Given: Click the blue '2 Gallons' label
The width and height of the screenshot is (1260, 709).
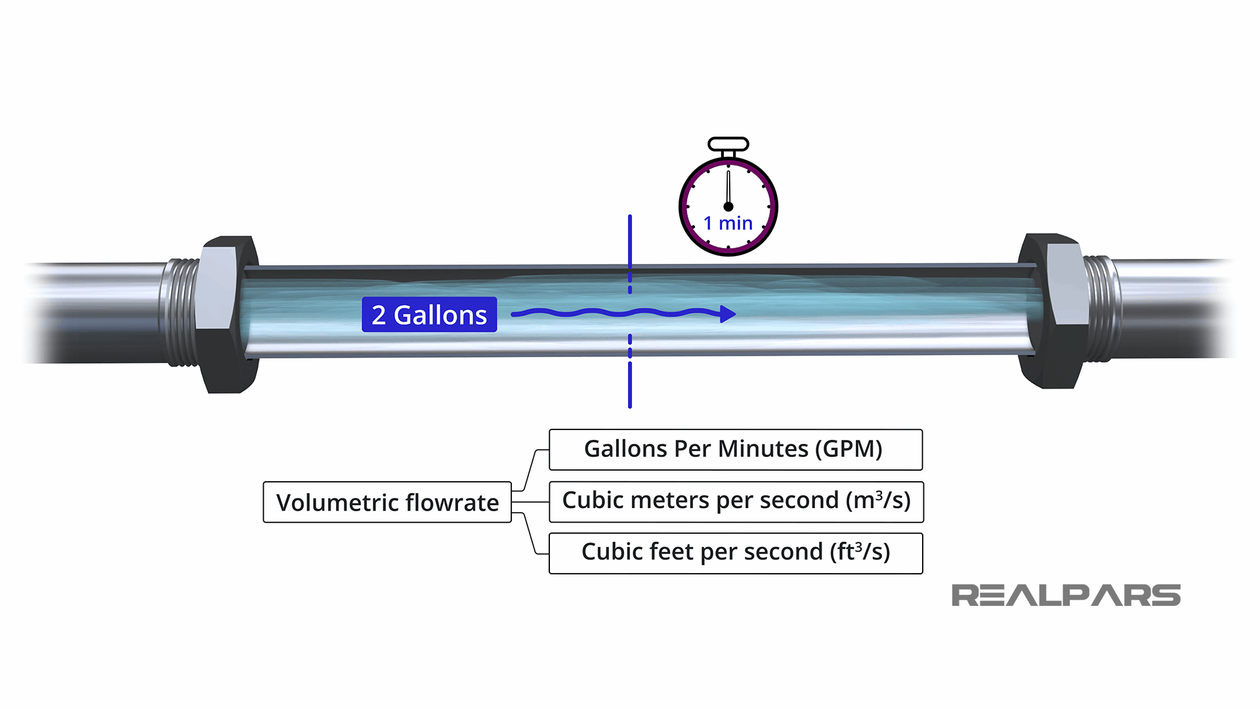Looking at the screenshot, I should point(429,315).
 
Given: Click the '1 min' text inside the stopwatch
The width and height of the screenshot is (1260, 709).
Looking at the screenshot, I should point(728,224).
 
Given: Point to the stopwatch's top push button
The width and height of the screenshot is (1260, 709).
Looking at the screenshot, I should point(728,144).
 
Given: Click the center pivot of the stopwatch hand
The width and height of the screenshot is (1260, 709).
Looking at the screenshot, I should point(728,206).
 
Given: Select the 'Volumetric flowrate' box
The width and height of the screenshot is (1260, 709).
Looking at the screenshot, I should point(387,502).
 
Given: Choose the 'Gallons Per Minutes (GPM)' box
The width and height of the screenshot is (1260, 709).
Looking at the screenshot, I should point(735,450).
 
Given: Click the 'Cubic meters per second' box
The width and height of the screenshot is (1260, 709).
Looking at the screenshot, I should point(736,502).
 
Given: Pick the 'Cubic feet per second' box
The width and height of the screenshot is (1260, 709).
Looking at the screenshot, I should point(736,553).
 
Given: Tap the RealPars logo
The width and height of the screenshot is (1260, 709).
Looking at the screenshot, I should point(1066,595).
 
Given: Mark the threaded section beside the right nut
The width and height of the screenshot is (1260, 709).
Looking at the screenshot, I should point(1100,309).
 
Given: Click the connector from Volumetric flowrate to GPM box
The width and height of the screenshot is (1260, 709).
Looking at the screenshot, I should point(530,469).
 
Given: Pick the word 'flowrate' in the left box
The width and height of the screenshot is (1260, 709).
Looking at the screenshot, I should point(452,503).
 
